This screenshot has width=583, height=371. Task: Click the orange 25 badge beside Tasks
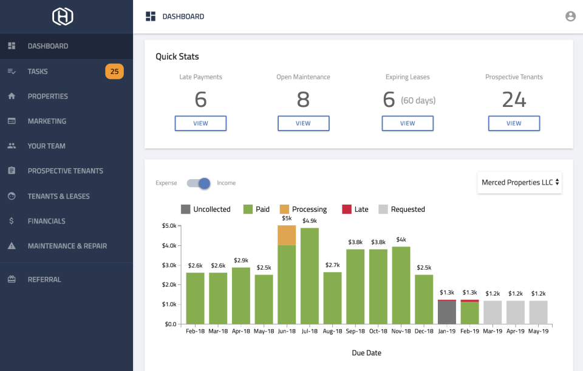tap(114, 72)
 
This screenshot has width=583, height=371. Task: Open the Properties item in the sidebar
tap(47, 97)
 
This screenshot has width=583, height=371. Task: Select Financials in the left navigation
tap(46, 221)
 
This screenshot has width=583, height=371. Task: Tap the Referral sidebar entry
tap(44, 279)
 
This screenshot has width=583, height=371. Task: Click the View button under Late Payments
tap(200, 123)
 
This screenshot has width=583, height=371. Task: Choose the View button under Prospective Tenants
tap(514, 123)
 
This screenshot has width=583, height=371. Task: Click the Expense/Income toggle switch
tap(198, 183)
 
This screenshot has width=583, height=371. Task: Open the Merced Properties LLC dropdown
tap(520, 182)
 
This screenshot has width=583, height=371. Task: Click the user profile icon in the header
tap(570, 16)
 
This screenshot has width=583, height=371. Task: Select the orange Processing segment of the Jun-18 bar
tap(287, 235)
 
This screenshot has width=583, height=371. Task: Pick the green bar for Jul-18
tap(310, 276)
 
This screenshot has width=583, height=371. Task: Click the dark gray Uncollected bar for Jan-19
tap(446, 312)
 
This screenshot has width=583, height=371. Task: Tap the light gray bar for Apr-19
tap(516, 312)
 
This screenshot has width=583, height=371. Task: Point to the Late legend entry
tap(355, 209)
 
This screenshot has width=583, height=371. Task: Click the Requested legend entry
tap(401, 209)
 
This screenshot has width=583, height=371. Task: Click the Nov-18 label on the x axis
tap(401, 332)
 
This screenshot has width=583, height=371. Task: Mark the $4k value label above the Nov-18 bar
tap(401, 239)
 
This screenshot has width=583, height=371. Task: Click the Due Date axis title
tap(367, 353)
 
